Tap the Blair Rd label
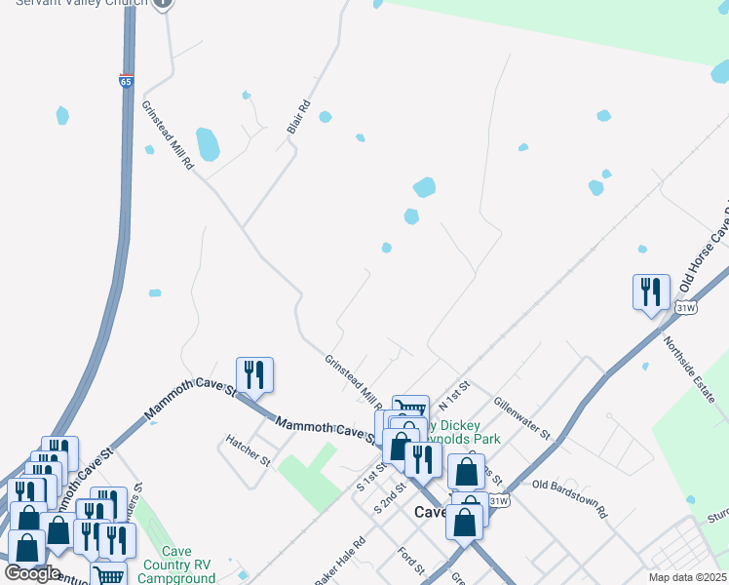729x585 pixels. click(x=298, y=118)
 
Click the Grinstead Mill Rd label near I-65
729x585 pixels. click(x=168, y=136)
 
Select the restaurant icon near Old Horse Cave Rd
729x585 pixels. click(x=651, y=292)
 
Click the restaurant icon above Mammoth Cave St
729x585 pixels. click(x=254, y=374)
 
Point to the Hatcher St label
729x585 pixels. click(x=249, y=458)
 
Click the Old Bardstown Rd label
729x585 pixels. click(x=570, y=497)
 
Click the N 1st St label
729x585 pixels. click(x=454, y=392)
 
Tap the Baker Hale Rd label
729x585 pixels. click(x=339, y=562)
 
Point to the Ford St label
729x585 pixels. click(x=409, y=561)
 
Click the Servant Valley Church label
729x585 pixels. click(x=81, y=4)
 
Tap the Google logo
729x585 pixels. click(x=32, y=573)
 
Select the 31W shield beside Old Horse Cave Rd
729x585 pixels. click(x=685, y=308)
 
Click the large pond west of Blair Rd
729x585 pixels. click(x=208, y=144)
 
